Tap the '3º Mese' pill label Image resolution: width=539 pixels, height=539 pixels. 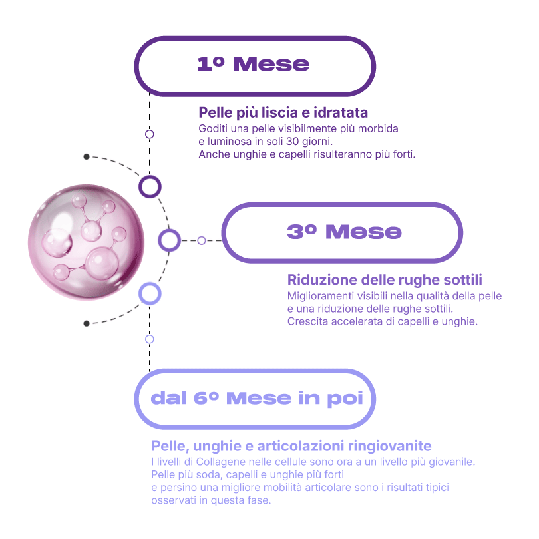click(x=343, y=232)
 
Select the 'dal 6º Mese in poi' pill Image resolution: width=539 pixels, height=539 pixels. click(x=256, y=398)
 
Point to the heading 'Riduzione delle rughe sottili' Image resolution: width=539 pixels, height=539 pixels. click(x=385, y=279)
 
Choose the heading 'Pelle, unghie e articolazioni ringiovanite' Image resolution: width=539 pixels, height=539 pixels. click(x=291, y=445)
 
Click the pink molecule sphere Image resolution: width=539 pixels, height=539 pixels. click(x=86, y=242)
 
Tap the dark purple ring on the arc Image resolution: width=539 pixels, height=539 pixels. click(x=150, y=186)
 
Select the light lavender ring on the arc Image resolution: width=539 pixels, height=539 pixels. click(x=150, y=293)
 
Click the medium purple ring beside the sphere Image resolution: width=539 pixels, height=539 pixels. click(x=170, y=240)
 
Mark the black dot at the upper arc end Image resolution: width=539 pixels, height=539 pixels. click(x=87, y=157)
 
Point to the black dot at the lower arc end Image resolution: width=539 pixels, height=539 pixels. click(x=87, y=323)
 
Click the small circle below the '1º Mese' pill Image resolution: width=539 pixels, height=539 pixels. click(x=150, y=134)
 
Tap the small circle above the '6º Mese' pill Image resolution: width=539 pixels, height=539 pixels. click(x=150, y=339)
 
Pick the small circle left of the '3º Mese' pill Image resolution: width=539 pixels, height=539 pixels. click(x=201, y=240)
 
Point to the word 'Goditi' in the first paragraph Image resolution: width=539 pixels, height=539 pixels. click(x=212, y=128)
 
